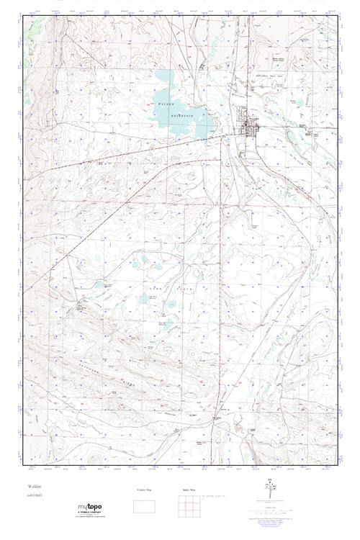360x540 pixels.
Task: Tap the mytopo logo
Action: click(91, 508)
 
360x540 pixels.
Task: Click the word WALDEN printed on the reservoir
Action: click(163, 104)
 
